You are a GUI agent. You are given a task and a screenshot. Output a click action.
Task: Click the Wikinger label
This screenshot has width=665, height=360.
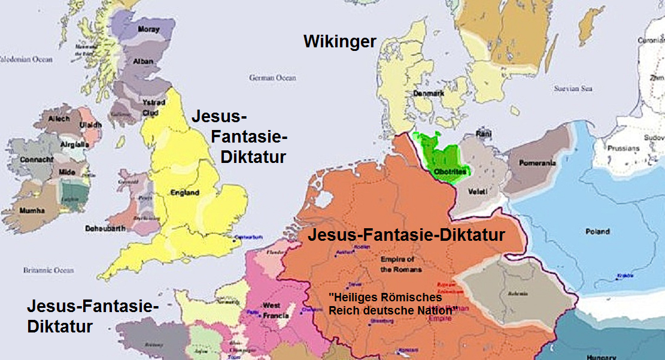[340, 41]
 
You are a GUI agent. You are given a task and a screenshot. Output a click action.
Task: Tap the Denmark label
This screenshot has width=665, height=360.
[428, 94]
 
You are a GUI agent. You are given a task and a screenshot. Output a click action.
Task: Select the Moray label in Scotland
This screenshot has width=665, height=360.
[148, 29]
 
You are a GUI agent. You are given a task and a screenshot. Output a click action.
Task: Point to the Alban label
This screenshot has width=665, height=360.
[145, 61]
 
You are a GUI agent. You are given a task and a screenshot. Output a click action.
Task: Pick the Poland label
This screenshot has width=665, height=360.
[597, 232]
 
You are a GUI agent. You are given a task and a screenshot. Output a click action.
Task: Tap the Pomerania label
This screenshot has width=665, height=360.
[538, 163]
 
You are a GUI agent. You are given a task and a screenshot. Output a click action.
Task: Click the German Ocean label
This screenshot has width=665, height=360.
[273, 78]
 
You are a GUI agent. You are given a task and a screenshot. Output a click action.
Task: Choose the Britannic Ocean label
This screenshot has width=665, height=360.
[48, 270]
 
